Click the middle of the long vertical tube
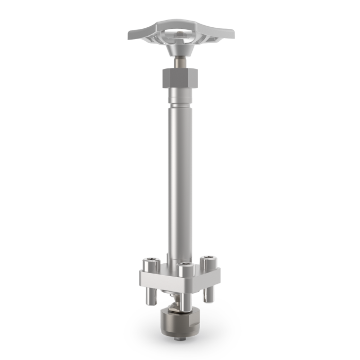pyautogui.click(x=179, y=180)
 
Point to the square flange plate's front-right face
pyautogui.click(x=206, y=280)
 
